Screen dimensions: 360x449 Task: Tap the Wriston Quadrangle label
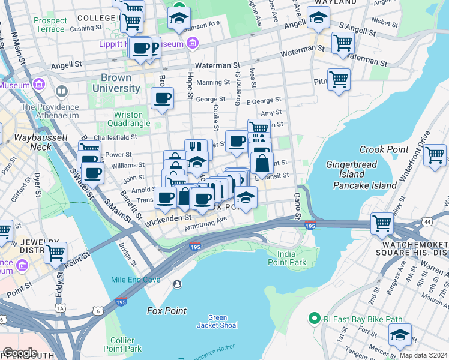[x=128, y=119]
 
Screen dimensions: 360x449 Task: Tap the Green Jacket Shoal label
[x=217, y=321]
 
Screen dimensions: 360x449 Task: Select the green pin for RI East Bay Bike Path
[x=312, y=318]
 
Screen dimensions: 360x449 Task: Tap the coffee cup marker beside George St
[x=161, y=98]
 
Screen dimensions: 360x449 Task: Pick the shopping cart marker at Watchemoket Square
[x=382, y=223]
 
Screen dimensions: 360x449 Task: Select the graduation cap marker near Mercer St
[x=400, y=336]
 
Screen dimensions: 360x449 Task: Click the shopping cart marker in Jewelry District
[x=55, y=253]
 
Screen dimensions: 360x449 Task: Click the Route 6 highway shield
[x=98, y=311]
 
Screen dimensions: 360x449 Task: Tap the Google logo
[x=20, y=352]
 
